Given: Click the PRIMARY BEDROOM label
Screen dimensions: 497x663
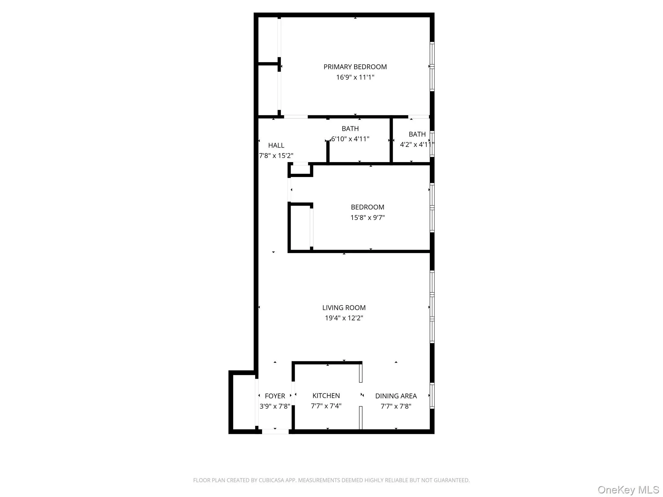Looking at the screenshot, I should point(355,67).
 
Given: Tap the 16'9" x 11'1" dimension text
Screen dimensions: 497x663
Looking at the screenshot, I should point(355,77).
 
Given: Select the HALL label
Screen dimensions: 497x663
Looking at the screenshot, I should point(276,146).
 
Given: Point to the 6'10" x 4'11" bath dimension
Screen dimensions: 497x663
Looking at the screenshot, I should point(350,139).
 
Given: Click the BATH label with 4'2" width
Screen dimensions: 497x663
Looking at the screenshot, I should point(417,134).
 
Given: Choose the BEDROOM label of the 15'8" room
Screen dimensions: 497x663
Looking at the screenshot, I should point(367,207).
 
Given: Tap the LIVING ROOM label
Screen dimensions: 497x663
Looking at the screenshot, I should point(344,308).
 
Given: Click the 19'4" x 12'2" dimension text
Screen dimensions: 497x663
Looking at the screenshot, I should point(344,318).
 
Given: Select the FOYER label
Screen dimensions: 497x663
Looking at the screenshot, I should point(275,396).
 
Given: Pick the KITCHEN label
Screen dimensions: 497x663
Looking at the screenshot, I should point(326,396).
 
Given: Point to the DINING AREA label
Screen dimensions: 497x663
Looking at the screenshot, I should point(396,396).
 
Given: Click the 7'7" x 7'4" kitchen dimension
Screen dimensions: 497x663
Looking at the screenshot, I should point(326,406).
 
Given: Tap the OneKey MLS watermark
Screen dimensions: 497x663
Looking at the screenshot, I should point(628,490).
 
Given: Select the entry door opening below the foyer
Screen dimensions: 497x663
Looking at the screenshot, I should point(275,431).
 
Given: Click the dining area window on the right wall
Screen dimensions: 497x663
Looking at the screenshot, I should point(432,396).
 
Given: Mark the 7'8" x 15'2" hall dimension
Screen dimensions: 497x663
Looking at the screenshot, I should point(276,156).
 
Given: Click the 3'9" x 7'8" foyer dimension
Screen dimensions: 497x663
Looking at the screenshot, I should point(275,406).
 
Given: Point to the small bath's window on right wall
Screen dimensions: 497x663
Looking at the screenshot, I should point(432,144).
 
